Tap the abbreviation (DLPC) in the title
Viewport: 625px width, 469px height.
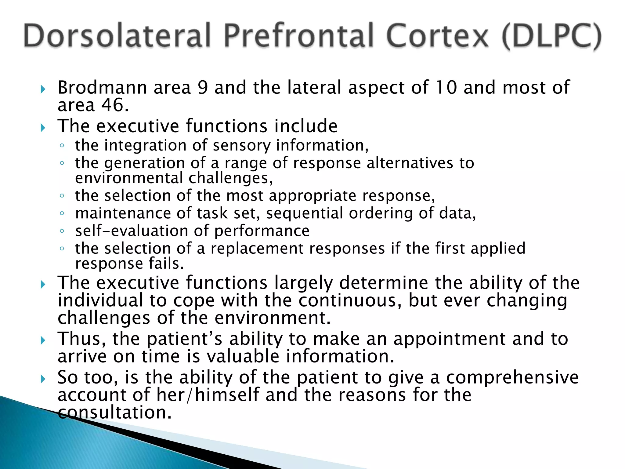[x=551, y=36]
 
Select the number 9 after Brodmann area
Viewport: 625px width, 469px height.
[x=203, y=88]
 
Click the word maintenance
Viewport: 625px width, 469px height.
[x=123, y=213]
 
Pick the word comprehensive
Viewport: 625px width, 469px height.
[x=512, y=377]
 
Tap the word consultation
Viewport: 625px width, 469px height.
[x=115, y=413]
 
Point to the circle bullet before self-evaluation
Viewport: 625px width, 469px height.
[x=62, y=231]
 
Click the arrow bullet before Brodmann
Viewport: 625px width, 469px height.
[x=43, y=89]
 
